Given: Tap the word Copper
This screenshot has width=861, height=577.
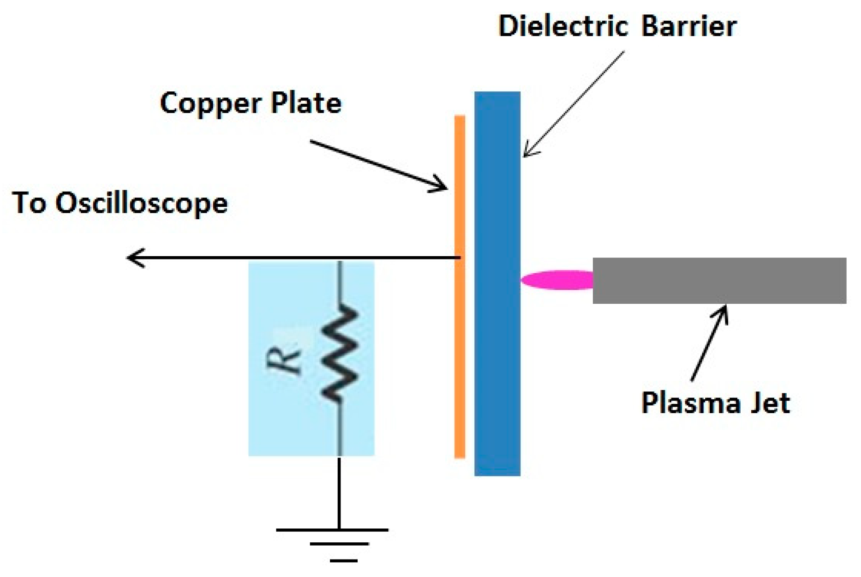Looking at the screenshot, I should [210, 103].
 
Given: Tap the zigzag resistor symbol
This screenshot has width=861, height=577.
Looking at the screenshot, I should [341, 353].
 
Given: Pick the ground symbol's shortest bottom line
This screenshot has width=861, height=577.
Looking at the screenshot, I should [344, 560].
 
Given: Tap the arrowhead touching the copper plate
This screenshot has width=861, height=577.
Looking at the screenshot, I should [441, 186].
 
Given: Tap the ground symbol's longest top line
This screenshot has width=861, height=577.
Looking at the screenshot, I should [332, 530].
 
